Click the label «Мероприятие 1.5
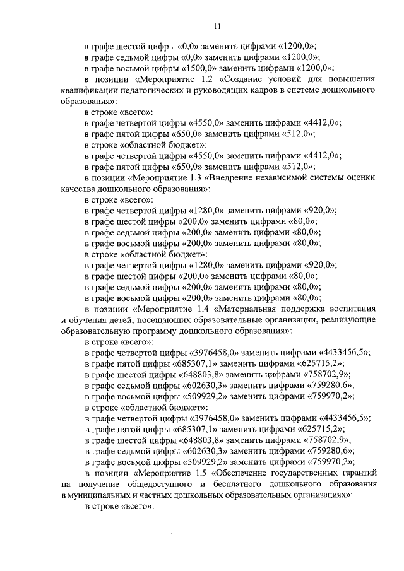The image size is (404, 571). tap(172, 473)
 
